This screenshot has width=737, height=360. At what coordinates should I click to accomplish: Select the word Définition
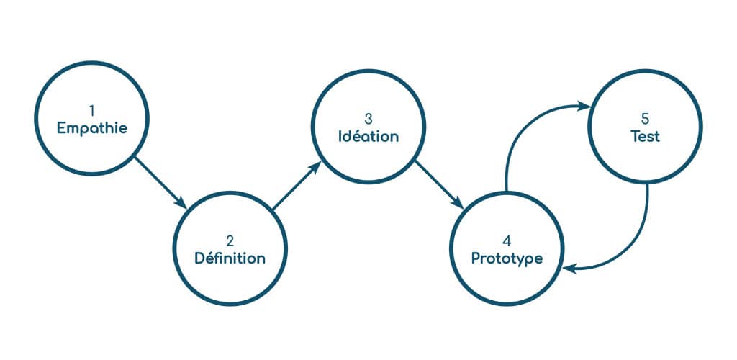click(230, 258)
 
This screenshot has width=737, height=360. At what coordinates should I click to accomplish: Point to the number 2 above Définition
click(230, 240)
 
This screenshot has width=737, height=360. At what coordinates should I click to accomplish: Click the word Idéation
click(368, 135)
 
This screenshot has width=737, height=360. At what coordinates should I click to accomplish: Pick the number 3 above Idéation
click(368, 117)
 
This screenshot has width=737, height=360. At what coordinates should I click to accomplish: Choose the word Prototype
click(507, 258)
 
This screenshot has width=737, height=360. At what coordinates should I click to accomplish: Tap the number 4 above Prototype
click(507, 240)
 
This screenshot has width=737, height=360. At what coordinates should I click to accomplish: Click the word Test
click(645, 135)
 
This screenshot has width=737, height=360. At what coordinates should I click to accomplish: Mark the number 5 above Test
click(646, 117)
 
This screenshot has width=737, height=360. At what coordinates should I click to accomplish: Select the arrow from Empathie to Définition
click(160, 182)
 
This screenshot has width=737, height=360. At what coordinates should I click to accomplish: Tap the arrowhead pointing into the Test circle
click(584, 107)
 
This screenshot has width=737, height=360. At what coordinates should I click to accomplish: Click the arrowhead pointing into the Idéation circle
click(316, 166)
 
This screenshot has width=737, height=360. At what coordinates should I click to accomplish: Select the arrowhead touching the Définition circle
click(182, 203)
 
